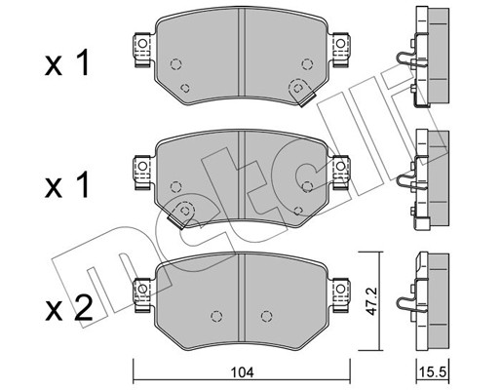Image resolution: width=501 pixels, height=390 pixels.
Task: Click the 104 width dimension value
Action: click(242, 372)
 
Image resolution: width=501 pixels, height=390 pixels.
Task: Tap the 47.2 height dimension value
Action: click(371, 301)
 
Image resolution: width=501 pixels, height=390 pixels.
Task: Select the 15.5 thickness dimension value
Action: click(433, 371)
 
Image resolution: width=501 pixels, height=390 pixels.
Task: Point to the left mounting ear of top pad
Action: click(143, 49)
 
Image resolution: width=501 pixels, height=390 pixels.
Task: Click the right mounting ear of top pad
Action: click(340, 49)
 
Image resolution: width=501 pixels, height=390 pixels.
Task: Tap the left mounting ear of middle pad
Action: click(143, 172)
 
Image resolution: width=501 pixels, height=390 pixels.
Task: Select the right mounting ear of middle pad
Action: click(340, 172)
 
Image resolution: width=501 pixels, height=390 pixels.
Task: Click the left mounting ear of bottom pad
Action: click(143, 294)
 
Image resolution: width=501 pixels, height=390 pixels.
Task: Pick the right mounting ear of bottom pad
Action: click(340, 294)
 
